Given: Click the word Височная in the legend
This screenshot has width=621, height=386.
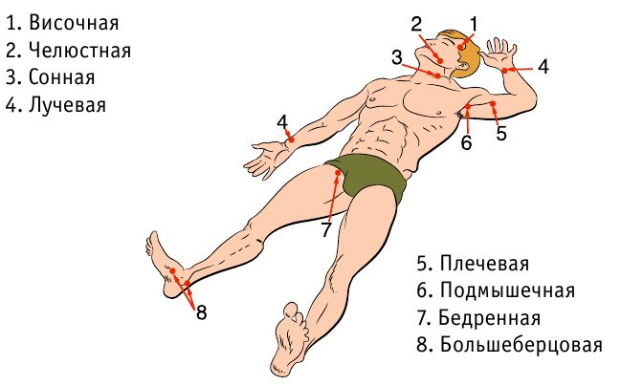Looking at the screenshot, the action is (x=74, y=23).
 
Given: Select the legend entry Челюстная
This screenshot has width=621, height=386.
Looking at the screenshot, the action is (x=79, y=51).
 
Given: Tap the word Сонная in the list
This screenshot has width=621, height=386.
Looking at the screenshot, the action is (x=62, y=77).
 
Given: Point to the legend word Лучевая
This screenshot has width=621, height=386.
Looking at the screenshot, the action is (x=67, y=105).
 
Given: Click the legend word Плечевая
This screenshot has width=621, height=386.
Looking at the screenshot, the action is (x=484, y=264).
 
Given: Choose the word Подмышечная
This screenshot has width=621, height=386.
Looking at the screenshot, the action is (x=507, y=290).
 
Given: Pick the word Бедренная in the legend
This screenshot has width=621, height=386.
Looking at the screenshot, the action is (x=490, y=318).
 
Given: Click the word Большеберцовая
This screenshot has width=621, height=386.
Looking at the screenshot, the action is (x=521, y=345).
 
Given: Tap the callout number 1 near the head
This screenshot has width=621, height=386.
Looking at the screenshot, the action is (x=474, y=24).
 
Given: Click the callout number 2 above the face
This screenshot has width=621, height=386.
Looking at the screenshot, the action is (x=416, y=25).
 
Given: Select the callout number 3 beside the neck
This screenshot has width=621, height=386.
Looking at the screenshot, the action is (x=397, y=57).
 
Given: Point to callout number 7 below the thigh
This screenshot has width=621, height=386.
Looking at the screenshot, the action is (x=325, y=229).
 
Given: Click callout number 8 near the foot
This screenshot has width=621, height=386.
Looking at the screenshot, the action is (x=202, y=312).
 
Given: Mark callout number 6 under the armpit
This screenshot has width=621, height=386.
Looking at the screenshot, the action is (x=467, y=142).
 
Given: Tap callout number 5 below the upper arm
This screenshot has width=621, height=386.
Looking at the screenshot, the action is (x=501, y=133).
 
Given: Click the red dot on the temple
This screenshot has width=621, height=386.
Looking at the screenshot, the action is (x=460, y=48).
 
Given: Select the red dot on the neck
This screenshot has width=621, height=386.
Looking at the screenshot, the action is (x=437, y=75).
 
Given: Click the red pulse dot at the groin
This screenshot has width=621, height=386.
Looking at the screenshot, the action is (x=338, y=173).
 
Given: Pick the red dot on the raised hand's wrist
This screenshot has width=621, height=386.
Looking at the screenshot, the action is (x=505, y=71).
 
